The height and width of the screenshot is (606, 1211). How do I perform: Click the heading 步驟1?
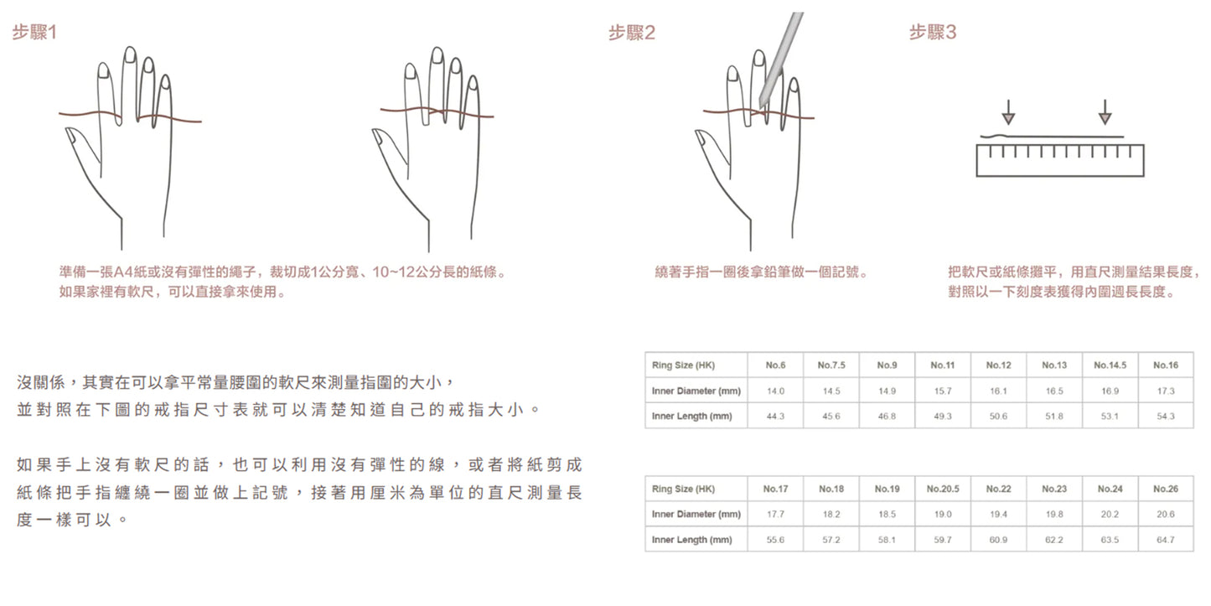click(x=34, y=33)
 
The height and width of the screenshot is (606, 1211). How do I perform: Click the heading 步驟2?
click(x=631, y=33)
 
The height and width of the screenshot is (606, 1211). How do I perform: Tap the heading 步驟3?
click(x=933, y=33)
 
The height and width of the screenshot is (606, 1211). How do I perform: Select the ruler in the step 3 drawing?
click(x=1059, y=160)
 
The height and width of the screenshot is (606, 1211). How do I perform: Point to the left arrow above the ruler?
click(x=1008, y=112)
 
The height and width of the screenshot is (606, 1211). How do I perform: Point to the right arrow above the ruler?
click(x=1105, y=112)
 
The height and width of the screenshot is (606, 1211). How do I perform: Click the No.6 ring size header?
click(x=775, y=365)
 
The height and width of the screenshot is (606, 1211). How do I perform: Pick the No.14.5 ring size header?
click(x=1110, y=365)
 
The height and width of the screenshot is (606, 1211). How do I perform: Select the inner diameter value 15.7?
click(x=942, y=391)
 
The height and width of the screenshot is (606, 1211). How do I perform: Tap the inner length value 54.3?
click(x=1166, y=417)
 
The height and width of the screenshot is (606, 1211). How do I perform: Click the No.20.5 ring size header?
click(x=943, y=489)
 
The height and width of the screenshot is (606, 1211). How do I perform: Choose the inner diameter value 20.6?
click(x=1166, y=514)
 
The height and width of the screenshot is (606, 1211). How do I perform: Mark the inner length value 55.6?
click(x=775, y=540)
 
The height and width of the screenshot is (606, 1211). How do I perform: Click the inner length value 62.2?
click(x=1054, y=540)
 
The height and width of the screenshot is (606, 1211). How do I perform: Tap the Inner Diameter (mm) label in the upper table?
click(x=696, y=391)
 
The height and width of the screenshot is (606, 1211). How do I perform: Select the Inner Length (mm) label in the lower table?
click(x=692, y=540)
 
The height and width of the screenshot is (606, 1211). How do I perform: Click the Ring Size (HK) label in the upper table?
click(x=683, y=365)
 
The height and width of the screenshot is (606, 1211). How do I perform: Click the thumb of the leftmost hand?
click(x=81, y=146)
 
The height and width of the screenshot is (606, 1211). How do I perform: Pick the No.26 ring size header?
click(x=1166, y=489)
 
